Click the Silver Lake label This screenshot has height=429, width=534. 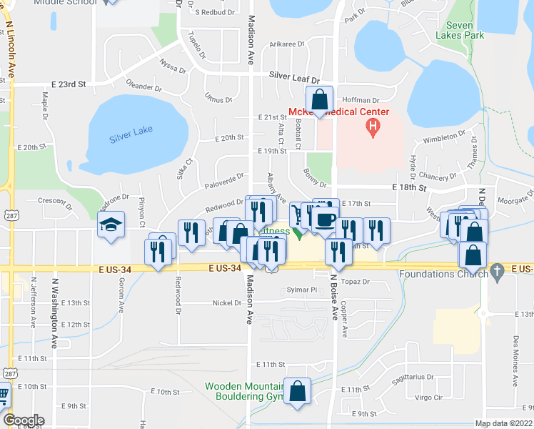[x=131, y=138]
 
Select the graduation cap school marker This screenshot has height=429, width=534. [x=111, y=225]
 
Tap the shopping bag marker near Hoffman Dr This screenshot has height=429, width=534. [x=319, y=99]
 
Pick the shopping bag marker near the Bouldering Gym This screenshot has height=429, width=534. [x=298, y=391]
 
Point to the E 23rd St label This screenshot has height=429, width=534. [x=71, y=84]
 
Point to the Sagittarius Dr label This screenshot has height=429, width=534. [x=413, y=377]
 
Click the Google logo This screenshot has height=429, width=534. [x=23, y=420]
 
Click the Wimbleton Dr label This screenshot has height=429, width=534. [x=444, y=140]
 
